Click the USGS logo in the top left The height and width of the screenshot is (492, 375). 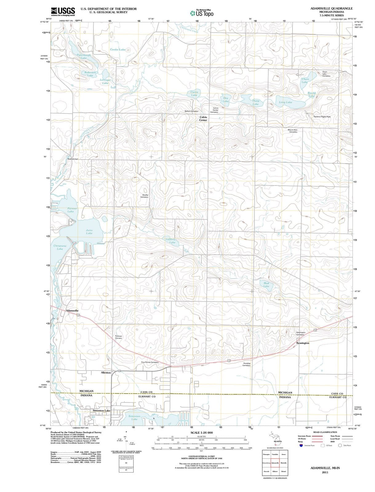coord(63,11)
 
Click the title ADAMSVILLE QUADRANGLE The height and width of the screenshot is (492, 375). coord(332,8)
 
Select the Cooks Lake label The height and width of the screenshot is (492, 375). coord(118,50)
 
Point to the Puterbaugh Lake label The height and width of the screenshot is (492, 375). coord(84,56)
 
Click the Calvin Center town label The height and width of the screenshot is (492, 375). coord(203,119)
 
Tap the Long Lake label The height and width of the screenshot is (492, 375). coord(285,102)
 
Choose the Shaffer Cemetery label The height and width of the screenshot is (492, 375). coord(145,196)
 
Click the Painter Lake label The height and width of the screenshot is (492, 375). coord(72,210)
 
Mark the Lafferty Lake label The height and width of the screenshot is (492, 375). coord(171,241)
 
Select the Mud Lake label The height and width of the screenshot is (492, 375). coord(266,284)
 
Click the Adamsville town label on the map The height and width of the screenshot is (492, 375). coord(72,311)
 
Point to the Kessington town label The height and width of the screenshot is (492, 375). coord(303,343)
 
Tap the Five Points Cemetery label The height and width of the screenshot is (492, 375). coord(150,362)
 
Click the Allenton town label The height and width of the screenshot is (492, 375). coord(106,373)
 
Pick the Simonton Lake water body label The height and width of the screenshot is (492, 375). coord(134,418)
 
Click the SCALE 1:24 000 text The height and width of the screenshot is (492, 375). coord(201,433)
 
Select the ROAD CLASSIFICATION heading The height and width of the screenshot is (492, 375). coord(325,432)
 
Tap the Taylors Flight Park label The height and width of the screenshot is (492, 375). coord(322,117)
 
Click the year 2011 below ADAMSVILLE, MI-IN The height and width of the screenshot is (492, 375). coord(325,472)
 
